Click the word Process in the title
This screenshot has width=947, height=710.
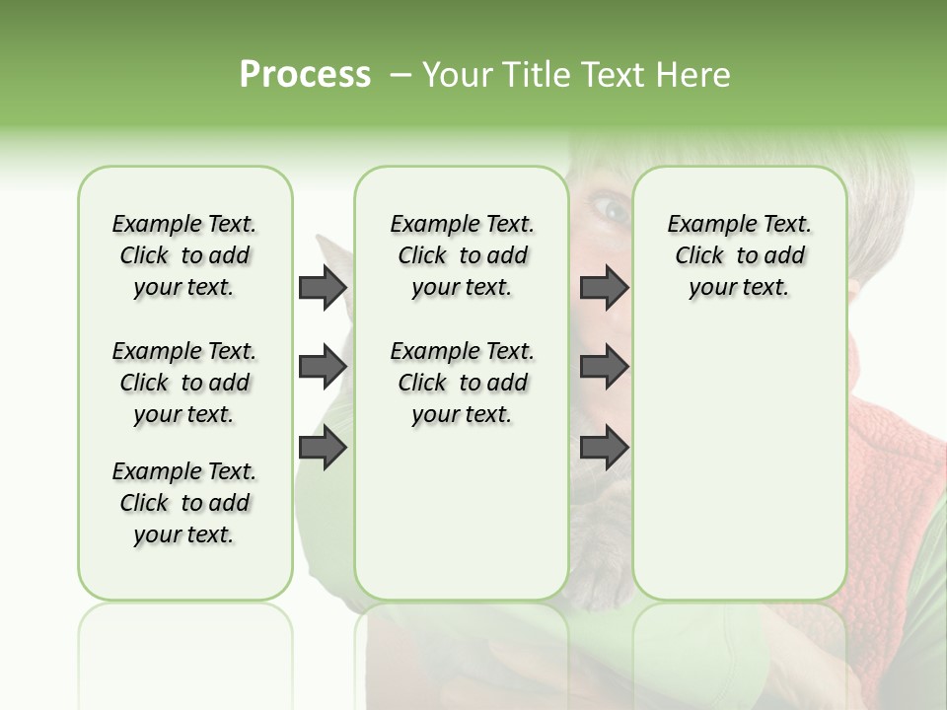click(x=305, y=75)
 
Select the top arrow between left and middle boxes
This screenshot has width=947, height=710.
click(x=322, y=287)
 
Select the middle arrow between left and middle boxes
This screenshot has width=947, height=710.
click(x=322, y=367)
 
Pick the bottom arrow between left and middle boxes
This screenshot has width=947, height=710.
click(x=322, y=448)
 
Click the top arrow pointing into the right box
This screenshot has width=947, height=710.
click(x=604, y=287)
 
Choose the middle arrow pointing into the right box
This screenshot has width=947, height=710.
click(x=604, y=367)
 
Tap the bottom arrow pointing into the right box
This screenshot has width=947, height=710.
click(x=604, y=448)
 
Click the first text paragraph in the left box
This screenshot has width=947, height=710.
click(x=184, y=255)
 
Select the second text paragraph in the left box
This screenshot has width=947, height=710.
click(x=184, y=383)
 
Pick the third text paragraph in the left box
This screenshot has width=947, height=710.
click(x=184, y=503)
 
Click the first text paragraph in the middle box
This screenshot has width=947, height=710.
click(x=462, y=255)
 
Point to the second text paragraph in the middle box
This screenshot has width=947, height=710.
click(x=462, y=383)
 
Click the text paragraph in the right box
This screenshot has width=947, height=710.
click(x=740, y=255)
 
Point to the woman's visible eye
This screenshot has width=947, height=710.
click(x=610, y=208)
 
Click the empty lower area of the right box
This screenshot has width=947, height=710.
click(x=740, y=463)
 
